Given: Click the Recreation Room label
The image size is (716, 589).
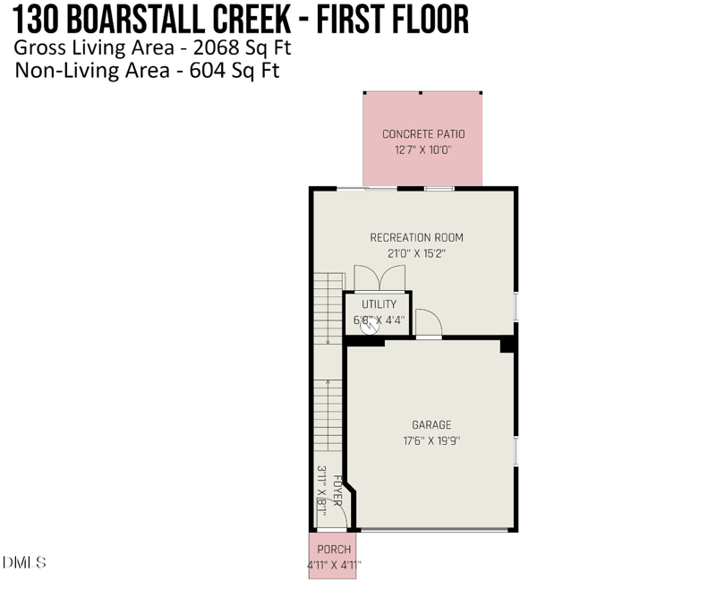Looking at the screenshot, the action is (x=416, y=237).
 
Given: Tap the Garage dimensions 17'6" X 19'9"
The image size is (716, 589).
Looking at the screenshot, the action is (x=431, y=440).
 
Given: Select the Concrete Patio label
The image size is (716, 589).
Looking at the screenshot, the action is (x=423, y=134).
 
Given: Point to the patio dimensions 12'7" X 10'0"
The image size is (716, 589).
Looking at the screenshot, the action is (x=423, y=149).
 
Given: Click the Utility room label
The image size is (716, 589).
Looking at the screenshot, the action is (x=379, y=304).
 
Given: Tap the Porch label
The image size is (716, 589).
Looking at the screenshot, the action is (x=334, y=550).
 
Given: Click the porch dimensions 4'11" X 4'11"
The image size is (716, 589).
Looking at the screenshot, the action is (x=334, y=565).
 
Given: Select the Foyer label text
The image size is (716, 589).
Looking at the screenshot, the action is (x=337, y=491).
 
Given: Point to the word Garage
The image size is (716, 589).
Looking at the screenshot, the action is (x=431, y=425).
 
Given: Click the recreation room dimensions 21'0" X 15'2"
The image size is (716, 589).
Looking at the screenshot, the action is (x=416, y=253).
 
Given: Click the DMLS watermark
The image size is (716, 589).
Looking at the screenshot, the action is (x=24, y=562).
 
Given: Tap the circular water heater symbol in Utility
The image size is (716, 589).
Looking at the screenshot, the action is (x=370, y=326).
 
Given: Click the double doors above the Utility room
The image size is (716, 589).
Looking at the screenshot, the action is (x=379, y=277).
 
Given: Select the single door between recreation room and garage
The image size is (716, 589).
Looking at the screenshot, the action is (x=429, y=323).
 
